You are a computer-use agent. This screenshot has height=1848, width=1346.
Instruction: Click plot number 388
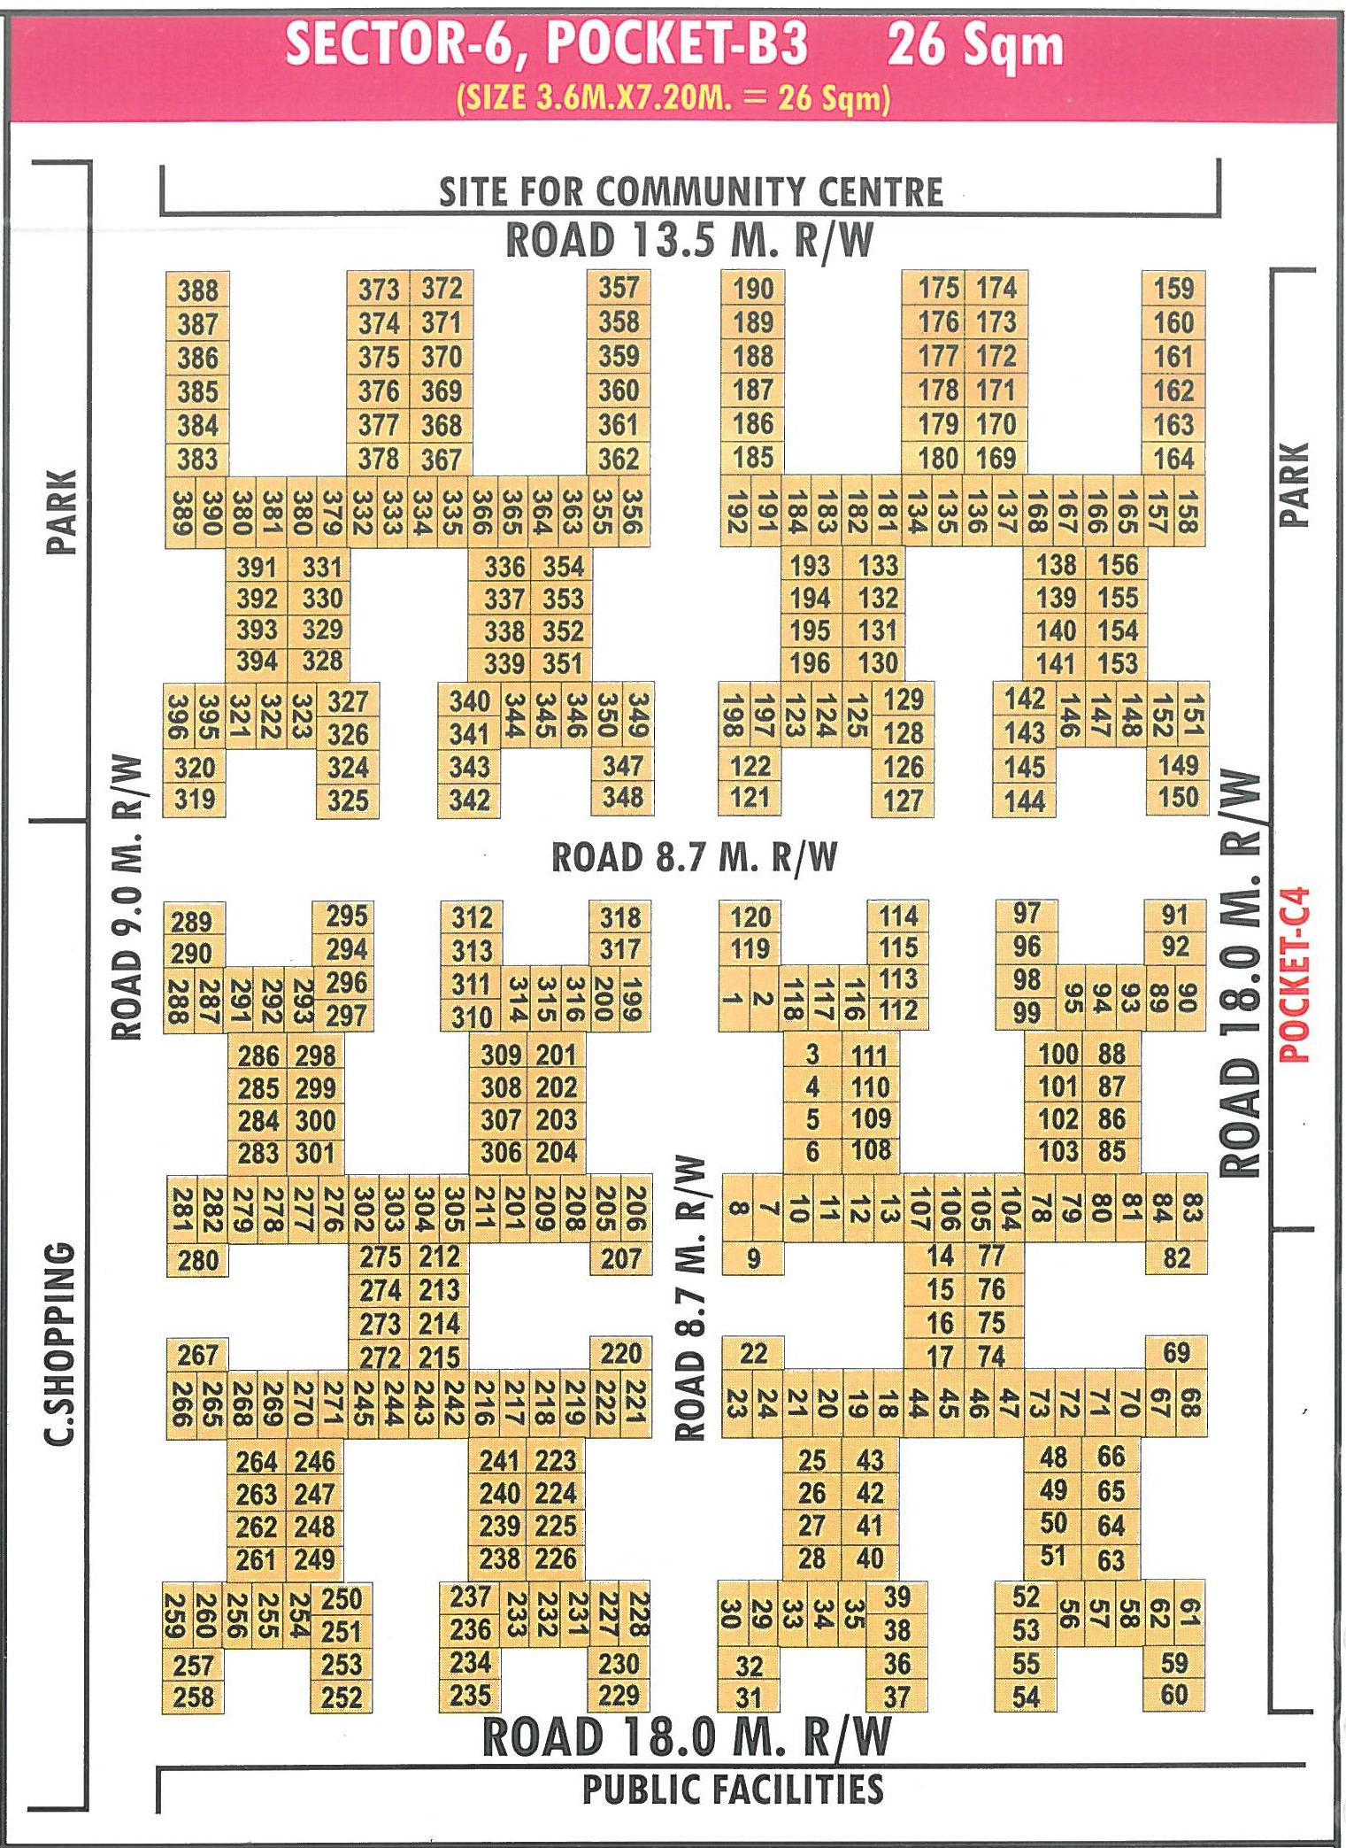point(197,290)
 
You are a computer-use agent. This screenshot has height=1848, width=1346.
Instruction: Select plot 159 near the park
point(1173,289)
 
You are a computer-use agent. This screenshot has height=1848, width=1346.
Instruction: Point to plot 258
point(194,1697)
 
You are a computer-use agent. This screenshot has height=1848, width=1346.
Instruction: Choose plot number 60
point(1174,1695)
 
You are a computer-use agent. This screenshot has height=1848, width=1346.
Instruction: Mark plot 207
point(620,1258)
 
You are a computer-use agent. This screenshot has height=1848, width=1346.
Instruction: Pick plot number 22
point(753,1354)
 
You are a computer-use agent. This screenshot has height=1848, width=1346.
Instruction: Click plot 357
point(619,288)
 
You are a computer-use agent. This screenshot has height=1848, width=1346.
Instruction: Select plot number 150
point(1178,797)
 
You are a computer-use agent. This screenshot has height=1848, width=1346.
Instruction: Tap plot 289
point(192,922)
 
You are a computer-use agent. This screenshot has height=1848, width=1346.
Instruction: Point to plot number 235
point(470,1695)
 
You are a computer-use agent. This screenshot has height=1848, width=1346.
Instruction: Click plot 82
point(1176,1258)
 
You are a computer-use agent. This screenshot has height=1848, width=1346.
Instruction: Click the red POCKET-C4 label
point(1295,974)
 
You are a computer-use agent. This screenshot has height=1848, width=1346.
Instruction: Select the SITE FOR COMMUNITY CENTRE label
point(691,192)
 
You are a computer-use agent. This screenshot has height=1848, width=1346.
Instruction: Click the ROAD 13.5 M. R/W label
point(689,241)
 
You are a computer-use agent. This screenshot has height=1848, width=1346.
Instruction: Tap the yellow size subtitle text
point(673,97)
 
